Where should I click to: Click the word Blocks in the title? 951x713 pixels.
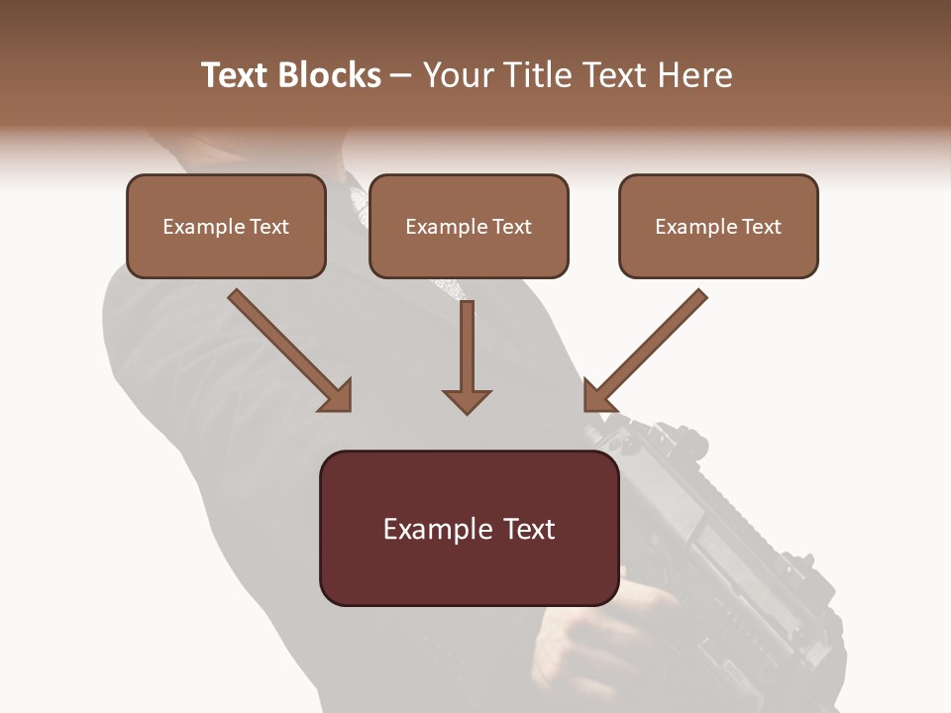coord(332,75)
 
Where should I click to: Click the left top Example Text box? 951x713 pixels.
coord(226,226)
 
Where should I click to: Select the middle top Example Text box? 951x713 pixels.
coord(469,226)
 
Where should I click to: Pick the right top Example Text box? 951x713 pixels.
coord(718,226)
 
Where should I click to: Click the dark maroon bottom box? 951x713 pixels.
coord(469,528)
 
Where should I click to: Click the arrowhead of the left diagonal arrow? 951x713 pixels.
coord(337,396)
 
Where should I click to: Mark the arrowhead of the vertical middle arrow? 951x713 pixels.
coord(467,400)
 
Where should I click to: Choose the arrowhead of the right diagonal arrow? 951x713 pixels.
coord(598,396)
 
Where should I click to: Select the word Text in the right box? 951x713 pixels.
coord(761,227)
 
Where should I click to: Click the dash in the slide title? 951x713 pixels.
coord(401,75)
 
